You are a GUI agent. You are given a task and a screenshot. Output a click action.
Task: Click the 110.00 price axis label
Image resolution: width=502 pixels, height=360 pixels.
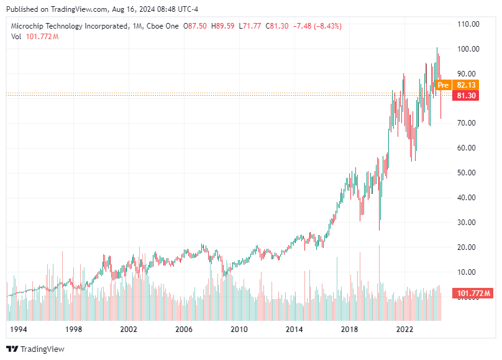[468, 24]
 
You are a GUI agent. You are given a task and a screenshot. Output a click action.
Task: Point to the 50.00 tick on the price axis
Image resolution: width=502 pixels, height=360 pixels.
[468, 173]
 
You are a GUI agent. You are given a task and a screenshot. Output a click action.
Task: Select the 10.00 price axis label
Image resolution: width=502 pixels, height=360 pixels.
[468, 272]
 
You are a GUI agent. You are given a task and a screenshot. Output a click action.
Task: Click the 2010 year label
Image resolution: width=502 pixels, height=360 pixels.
[239, 328]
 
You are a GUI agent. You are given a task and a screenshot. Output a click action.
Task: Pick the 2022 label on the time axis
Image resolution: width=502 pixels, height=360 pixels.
[405, 328]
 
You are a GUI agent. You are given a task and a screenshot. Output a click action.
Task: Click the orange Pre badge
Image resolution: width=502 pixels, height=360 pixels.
[442, 85]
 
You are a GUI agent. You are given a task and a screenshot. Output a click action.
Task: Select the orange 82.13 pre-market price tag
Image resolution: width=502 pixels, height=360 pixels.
[465, 85]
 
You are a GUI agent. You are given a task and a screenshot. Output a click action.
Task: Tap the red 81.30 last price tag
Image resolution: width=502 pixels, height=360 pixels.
[465, 96]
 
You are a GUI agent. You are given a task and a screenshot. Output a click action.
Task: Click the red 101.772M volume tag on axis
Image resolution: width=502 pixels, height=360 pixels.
[474, 293]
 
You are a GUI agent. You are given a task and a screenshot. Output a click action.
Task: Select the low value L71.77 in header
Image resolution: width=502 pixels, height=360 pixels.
[252, 26]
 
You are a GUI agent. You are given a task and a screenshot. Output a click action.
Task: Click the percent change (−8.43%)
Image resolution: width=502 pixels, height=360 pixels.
[327, 26]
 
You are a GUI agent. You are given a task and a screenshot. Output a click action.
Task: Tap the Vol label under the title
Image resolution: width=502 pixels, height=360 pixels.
[16, 37]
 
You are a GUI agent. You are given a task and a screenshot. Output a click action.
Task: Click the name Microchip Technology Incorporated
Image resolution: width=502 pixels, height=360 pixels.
[69, 26]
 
